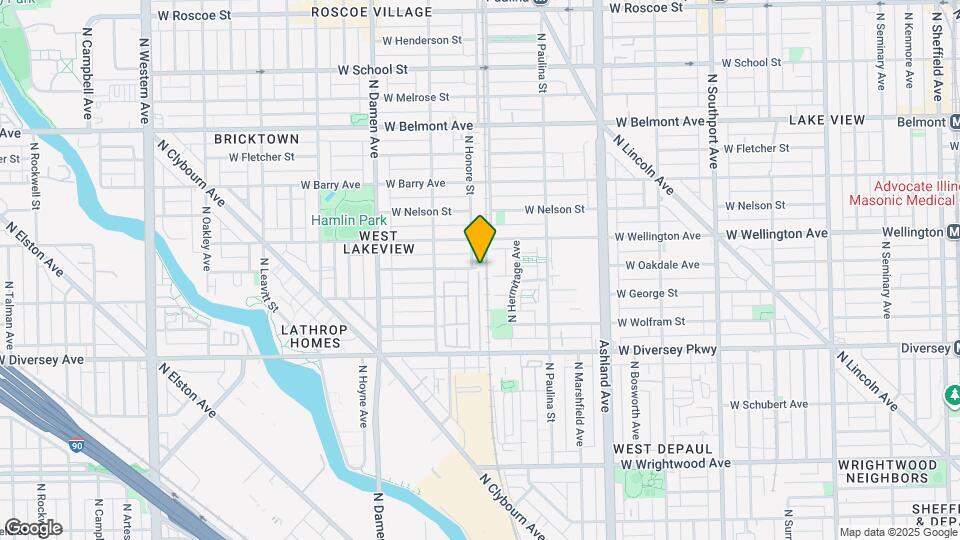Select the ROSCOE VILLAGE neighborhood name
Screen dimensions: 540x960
pos(371,12)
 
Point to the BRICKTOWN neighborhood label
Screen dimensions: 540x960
pos(256,138)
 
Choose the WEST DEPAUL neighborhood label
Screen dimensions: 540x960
pos(663,449)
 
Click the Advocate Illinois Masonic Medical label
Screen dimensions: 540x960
pos(903,193)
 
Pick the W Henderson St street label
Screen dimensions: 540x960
pos(422,41)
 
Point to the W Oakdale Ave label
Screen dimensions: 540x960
pos(662,265)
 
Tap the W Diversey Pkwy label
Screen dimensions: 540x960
pos(668,351)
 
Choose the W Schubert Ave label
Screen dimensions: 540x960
pos(768,405)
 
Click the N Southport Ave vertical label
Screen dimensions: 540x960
pos(713,119)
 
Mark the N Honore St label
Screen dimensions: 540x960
pos(468,166)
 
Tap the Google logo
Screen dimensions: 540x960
pos(32,528)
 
